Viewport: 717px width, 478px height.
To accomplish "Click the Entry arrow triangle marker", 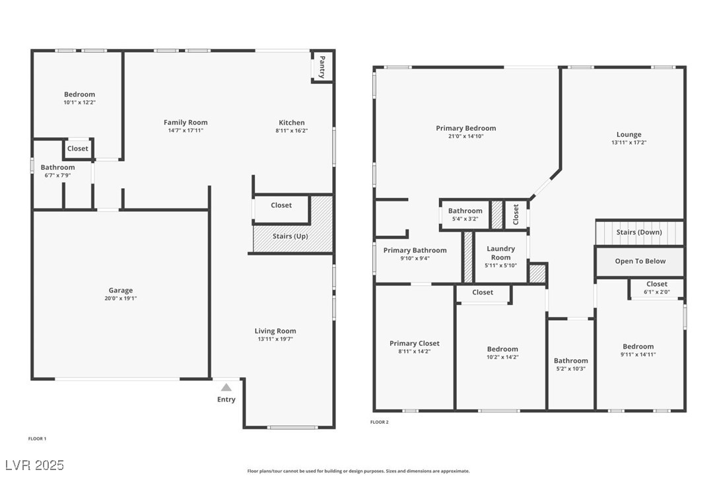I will [226, 388].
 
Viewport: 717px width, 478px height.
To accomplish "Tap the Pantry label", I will [322, 67].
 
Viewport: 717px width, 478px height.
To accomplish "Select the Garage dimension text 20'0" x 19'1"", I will [121, 298].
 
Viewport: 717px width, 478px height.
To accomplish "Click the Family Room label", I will [186, 122].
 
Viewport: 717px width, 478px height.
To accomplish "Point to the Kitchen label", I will [292, 122].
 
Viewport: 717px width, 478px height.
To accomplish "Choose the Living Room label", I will [275, 331].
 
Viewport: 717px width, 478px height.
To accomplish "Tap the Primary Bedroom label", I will [465, 128].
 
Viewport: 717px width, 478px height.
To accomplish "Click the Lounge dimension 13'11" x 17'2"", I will [629, 143].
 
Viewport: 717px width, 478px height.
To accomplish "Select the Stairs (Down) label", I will [639, 232].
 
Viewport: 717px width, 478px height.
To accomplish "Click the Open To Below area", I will [640, 261].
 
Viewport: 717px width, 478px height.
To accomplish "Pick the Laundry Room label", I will [500, 253].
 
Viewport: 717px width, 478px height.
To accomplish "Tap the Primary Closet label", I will [414, 343].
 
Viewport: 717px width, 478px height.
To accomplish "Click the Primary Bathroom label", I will [415, 250].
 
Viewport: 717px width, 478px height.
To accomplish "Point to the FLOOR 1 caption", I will [37, 438].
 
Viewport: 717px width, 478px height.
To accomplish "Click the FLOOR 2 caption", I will [380, 422].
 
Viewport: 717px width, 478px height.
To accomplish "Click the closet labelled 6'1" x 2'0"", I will [656, 288].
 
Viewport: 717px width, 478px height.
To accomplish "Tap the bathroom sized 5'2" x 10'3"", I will [570, 364].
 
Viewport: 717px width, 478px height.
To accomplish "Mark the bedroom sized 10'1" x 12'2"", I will [79, 98].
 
